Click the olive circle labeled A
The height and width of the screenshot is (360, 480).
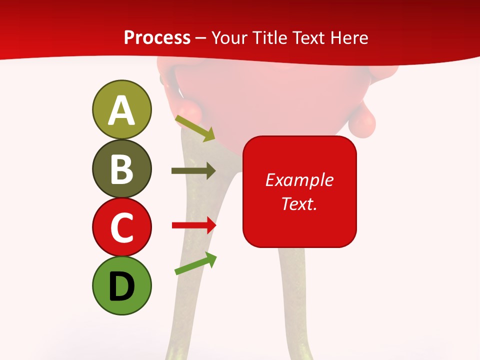pos(121,109)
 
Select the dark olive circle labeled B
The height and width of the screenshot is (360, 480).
pos(121,169)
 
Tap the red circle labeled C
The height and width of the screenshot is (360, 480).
pos(121,227)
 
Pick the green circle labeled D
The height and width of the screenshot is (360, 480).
pos(121,286)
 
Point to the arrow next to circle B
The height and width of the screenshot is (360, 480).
pos(193,171)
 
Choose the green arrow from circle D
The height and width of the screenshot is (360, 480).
pos(195,263)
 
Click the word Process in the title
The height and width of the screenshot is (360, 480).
pos(157,38)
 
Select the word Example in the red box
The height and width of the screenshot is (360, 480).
pos(299,180)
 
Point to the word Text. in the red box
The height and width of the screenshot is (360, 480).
pos(299,203)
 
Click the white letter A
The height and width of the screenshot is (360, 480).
pos(121,110)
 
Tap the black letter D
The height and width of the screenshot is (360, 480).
pos(121,287)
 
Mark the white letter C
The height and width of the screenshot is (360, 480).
pos(121,228)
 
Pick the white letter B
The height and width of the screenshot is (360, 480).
pos(121,169)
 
